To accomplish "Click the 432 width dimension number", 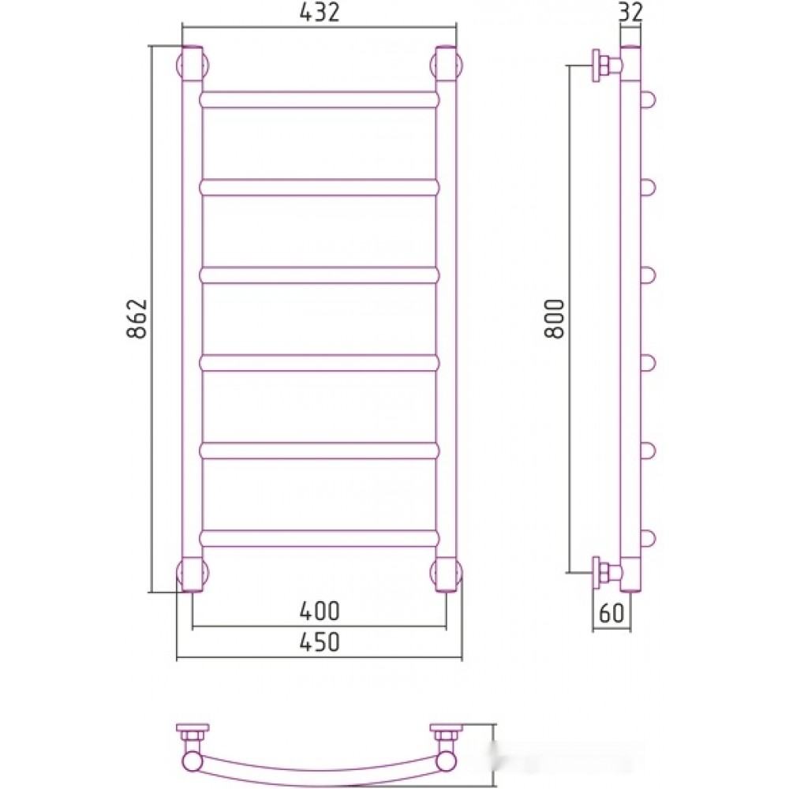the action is click(x=320, y=12).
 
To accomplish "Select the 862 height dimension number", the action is click(x=136, y=319).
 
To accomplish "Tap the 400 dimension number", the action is click(x=320, y=611).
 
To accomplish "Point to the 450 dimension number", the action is click(x=320, y=642).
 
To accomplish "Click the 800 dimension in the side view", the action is click(x=555, y=319).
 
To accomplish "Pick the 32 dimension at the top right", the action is click(x=630, y=12).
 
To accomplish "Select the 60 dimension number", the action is click(x=611, y=612).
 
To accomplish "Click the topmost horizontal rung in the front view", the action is click(x=320, y=99).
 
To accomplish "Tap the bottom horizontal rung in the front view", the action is click(x=320, y=538).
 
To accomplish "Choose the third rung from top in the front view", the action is click(x=320, y=275).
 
